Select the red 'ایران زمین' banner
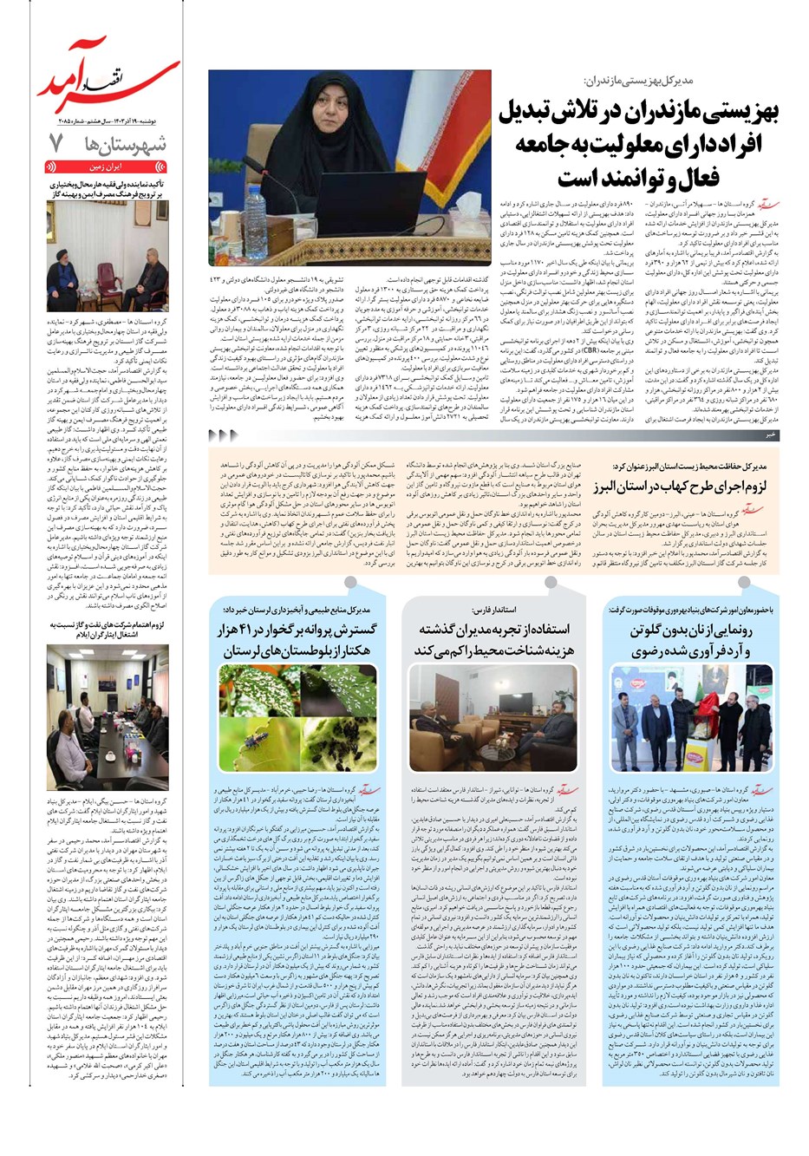[x=107, y=168]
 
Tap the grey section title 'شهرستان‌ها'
[x=131, y=145]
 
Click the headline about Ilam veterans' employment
[x=107, y=629]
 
